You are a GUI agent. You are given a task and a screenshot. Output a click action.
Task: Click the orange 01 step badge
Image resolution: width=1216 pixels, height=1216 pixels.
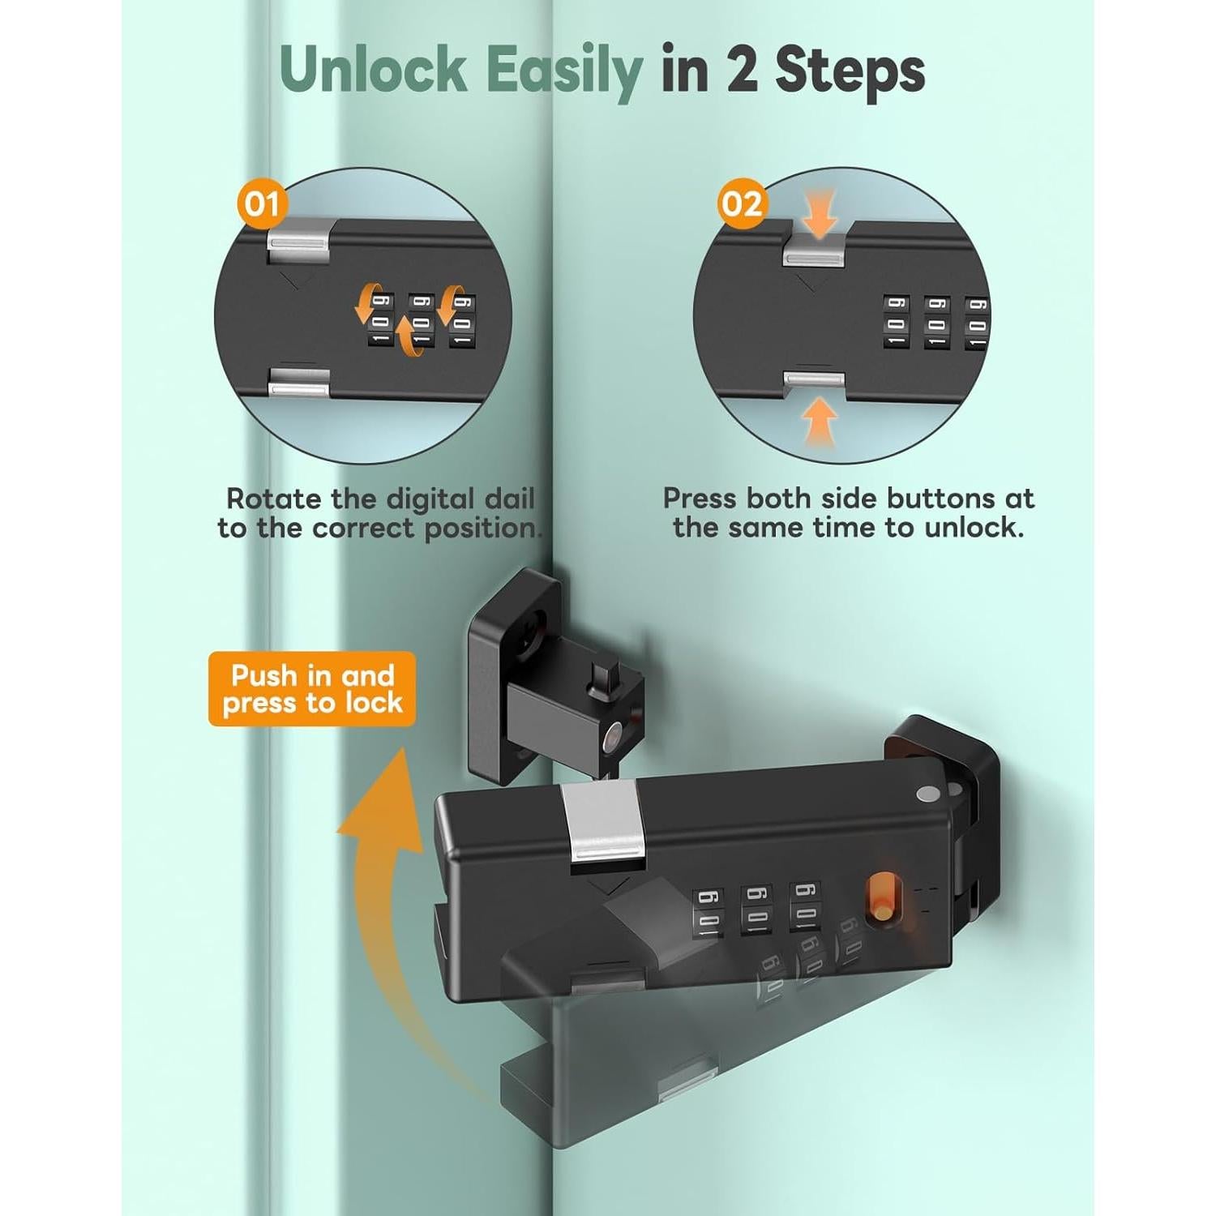(x=262, y=203)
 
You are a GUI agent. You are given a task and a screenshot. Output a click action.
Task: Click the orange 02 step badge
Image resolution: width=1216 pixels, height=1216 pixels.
(x=742, y=203)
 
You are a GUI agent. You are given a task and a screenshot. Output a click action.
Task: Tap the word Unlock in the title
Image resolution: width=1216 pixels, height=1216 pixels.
(x=374, y=70)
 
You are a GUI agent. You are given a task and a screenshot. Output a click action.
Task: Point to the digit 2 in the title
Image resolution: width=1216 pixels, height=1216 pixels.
(x=743, y=70)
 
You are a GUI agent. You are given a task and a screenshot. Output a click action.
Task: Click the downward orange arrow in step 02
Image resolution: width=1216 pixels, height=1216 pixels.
(x=820, y=212)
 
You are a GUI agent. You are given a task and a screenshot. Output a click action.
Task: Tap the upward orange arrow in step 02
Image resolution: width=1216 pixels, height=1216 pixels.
(x=820, y=422)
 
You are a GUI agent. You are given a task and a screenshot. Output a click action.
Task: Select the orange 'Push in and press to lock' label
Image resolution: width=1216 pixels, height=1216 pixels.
(x=312, y=689)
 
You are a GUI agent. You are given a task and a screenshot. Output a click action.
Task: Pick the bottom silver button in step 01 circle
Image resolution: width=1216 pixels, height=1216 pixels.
(x=299, y=383)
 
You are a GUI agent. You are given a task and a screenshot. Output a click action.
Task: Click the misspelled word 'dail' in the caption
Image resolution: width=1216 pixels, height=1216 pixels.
(x=510, y=498)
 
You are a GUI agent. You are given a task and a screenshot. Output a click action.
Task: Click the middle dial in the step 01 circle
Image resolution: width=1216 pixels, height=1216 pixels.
(x=421, y=319)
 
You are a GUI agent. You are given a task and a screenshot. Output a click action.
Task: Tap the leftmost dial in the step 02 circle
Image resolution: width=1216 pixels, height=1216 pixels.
(x=896, y=321)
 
